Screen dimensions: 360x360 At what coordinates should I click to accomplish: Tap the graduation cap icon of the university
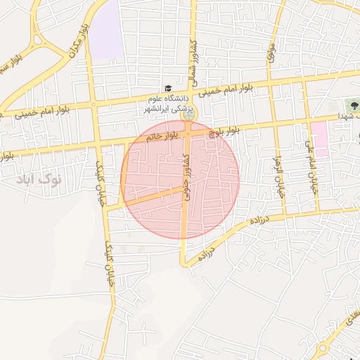pyautogui.click(x=167, y=88)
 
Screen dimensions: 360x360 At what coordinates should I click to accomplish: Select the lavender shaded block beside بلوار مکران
pyautogui.click(x=106, y=32)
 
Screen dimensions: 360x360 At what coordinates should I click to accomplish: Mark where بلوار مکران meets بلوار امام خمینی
pyautogui.click(x=94, y=105)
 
